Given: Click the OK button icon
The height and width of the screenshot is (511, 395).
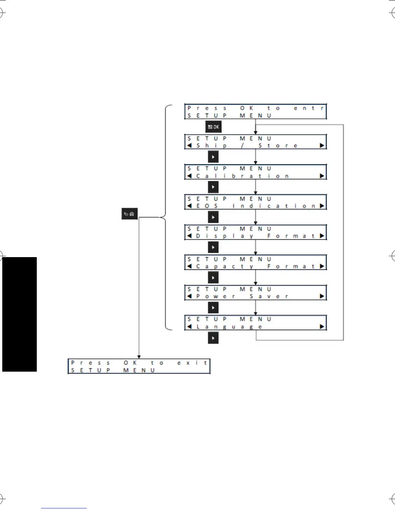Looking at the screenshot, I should pyautogui.click(x=213, y=127).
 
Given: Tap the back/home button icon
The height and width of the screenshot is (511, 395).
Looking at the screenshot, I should pyautogui.click(x=129, y=214).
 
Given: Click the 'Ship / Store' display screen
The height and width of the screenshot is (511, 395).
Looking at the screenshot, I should pyautogui.click(x=255, y=142).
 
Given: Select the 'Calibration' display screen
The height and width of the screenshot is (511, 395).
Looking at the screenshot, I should pyautogui.click(x=255, y=172).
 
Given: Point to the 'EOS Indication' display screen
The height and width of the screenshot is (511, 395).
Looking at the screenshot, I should pyautogui.click(x=255, y=202).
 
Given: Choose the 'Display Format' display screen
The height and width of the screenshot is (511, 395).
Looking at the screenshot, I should pyautogui.click(x=255, y=232).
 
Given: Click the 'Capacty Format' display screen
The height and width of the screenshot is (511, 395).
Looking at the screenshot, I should pyautogui.click(x=255, y=263).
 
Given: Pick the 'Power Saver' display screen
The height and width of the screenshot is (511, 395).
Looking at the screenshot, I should pyautogui.click(x=255, y=293).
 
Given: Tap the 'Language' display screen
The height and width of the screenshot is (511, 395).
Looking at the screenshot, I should pyautogui.click(x=255, y=323).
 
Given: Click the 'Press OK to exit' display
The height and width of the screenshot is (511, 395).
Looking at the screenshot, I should pyautogui.click(x=139, y=366).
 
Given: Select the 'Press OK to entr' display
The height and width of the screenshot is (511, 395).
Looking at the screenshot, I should pyautogui.click(x=255, y=112).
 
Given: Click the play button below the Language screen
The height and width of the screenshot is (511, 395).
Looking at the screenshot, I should pyautogui.click(x=213, y=338).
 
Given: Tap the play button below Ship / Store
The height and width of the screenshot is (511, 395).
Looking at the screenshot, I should pyautogui.click(x=213, y=157).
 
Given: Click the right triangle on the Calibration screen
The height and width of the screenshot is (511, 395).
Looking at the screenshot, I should pyautogui.click(x=322, y=176).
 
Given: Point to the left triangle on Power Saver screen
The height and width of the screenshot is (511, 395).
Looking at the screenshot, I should pyautogui.click(x=189, y=296).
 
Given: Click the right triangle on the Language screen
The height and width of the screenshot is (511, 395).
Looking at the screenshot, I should pyautogui.click(x=322, y=326).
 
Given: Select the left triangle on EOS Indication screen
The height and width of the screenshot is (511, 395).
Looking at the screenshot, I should pyautogui.click(x=189, y=206).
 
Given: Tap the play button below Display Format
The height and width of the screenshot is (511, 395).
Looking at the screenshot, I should pyautogui.click(x=213, y=247).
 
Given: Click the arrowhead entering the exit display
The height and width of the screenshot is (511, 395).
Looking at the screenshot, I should pyautogui.click(x=139, y=357).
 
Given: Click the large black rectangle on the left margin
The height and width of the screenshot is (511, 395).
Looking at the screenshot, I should pyautogui.click(x=19, y=314).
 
